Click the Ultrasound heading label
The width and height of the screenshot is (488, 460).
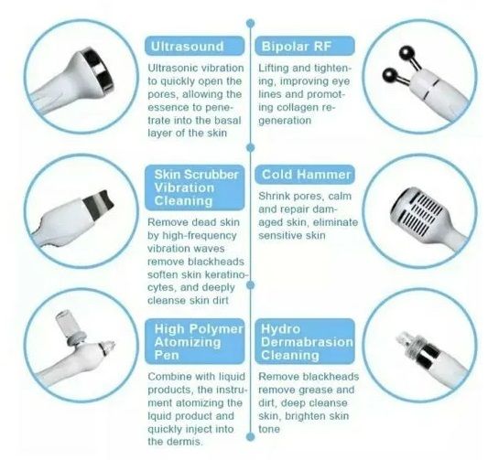[188, 45]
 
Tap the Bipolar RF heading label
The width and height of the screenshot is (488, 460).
[296, 45]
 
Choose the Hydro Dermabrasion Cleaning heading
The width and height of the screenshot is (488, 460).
[305, 344]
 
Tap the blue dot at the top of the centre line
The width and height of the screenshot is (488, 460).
[249, 19]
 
